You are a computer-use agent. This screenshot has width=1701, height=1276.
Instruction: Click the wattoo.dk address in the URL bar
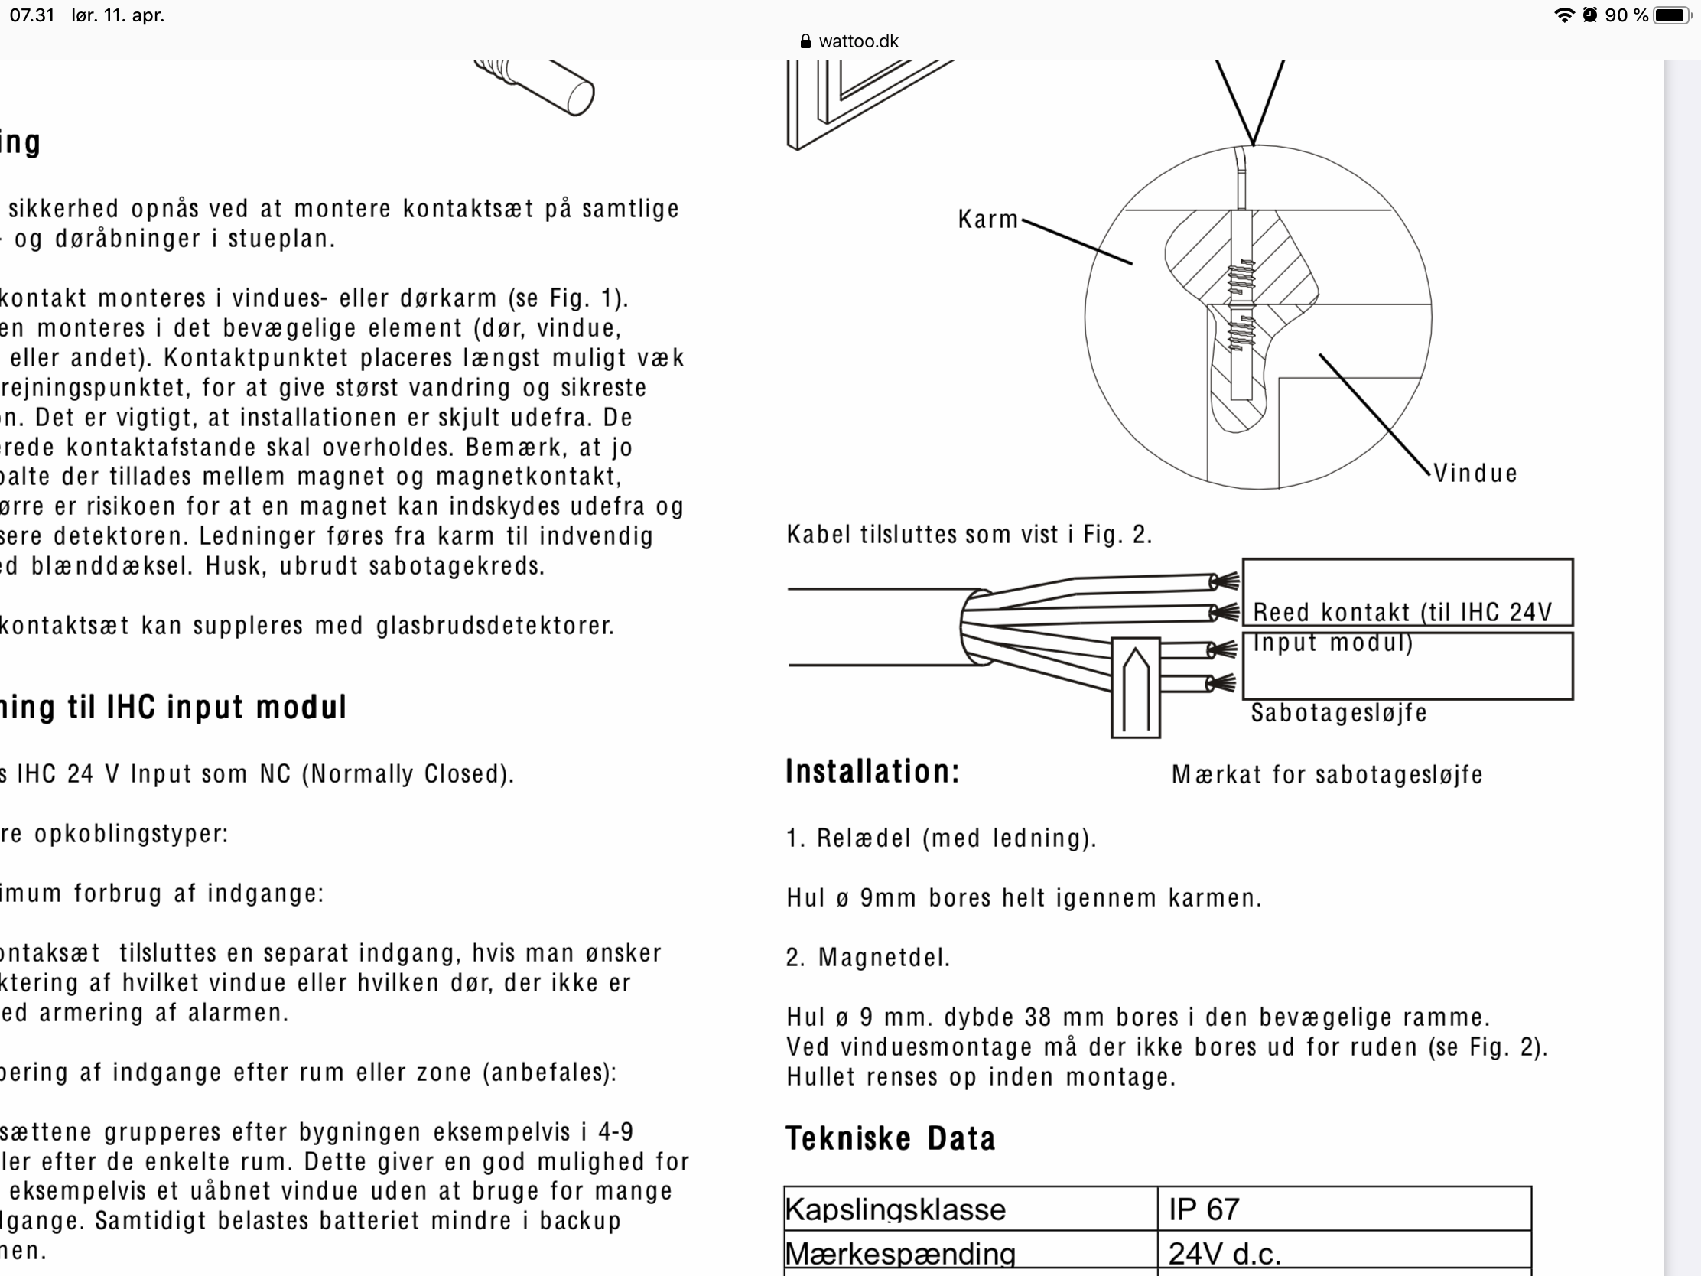[858, 41]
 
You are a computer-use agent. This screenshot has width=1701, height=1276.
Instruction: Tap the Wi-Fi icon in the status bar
[1563, 15]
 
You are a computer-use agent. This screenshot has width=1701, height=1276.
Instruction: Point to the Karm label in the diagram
[987, 220]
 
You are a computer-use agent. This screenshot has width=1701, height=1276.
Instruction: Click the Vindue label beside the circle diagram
[1475, 474]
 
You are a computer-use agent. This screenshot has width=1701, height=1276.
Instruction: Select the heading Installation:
[873, 771]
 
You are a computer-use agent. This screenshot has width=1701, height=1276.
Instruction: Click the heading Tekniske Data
[890, 1138]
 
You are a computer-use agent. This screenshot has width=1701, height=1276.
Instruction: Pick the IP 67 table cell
[1203, 1209]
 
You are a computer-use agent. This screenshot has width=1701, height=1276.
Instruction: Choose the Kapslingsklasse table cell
[895, 1209]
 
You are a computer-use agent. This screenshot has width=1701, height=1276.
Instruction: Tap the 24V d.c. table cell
[1225, 1255]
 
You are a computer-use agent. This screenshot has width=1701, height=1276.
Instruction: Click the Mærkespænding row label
[899, 1255]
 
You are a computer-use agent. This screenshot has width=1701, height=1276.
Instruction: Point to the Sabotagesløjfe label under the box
[1338, 713]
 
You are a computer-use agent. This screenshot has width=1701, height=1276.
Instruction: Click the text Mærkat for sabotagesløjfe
[1326, 774]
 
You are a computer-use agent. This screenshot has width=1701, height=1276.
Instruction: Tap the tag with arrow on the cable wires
[1135, 687]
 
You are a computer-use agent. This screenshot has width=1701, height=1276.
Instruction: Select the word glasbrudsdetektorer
[495, 626]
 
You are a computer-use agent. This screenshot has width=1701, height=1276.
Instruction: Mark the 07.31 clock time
[32, 15]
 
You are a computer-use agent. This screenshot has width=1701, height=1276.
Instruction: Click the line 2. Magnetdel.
[868, 958]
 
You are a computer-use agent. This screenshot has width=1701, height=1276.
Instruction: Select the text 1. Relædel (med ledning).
[941, 838]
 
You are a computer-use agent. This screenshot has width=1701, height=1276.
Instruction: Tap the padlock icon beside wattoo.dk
[805, 41]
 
